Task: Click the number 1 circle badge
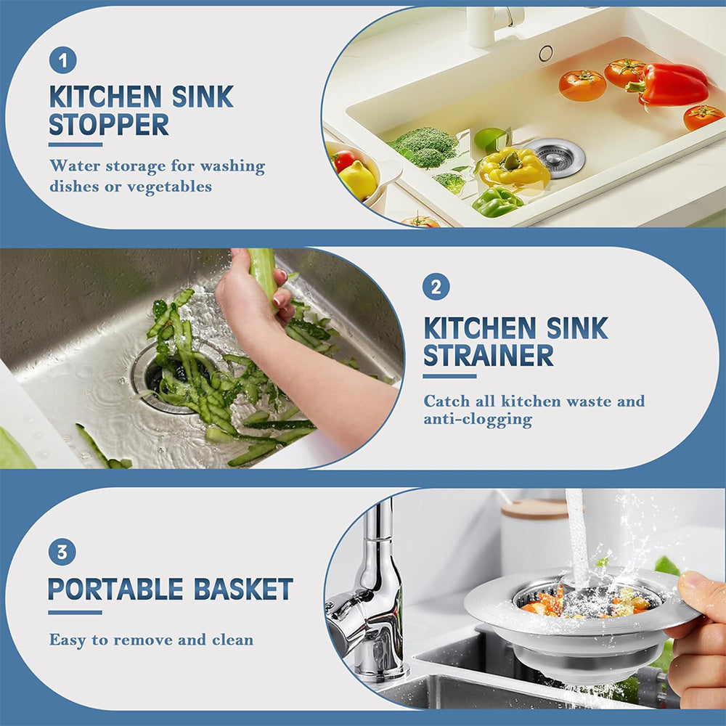pos(62,60)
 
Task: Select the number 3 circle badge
pos(62,552)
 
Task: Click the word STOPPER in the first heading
pos(109,125)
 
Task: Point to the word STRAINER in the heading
pos(489,356)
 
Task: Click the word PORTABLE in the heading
pos(117,590)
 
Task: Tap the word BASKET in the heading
pos(243,590)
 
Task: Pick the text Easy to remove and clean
pos(151,640)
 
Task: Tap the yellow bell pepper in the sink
pos(515,167)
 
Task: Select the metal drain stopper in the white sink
pos(557,157)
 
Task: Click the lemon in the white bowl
pos(359,179)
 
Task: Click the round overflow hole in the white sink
pos(545,52)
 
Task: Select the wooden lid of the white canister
pos(535,508)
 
